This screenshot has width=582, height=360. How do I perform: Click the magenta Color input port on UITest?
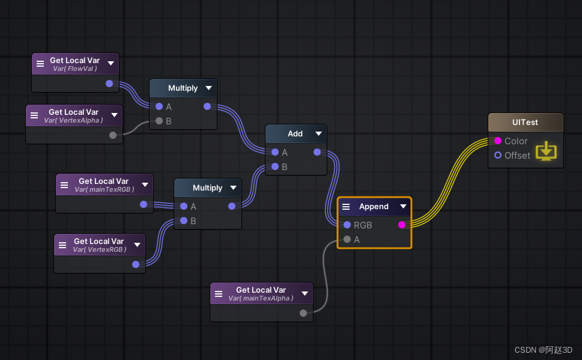pyautogui.click(x=498, y=141)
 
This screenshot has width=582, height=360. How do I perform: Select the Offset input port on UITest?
pyautogui.click(x=498, y=155)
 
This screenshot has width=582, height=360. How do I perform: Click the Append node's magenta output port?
pyautogui.click(x=402, y=225)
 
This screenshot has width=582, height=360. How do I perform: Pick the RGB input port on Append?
pyautogui.click(x=347, y=225)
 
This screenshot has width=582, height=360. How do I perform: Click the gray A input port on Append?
pyautogui.click(x=347, y=239)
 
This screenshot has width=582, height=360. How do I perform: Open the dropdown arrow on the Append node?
pyautogui.click(x=403, y=206)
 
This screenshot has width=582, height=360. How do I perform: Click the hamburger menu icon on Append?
pyautogui.click(x=346, y=207)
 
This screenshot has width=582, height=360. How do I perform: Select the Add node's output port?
pyautogui.click(x=317, y=152)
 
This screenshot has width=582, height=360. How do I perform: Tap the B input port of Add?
pyautogui.click(x=275, y=166)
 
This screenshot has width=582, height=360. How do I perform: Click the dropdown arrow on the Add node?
pyautogui.click(x=318, y=133)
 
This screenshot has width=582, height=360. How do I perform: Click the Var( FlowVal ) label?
pyautogui.click(x=74, y=69)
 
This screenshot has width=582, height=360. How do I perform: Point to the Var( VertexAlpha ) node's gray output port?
pyautogui.click(x=113, y=135)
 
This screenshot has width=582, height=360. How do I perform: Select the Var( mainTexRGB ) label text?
pyautogui.click(x=105, y=189)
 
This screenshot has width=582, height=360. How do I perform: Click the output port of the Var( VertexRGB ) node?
pyautogui.click(x=136, y=264)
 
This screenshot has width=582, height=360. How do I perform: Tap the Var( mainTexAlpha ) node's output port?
pyautogui.click(x=303, y=313)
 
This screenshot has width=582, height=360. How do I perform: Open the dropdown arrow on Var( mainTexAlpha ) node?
pyautogui.click(x=305, y=293)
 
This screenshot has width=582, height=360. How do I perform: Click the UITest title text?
pyautogui.click(x=525, y=122)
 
